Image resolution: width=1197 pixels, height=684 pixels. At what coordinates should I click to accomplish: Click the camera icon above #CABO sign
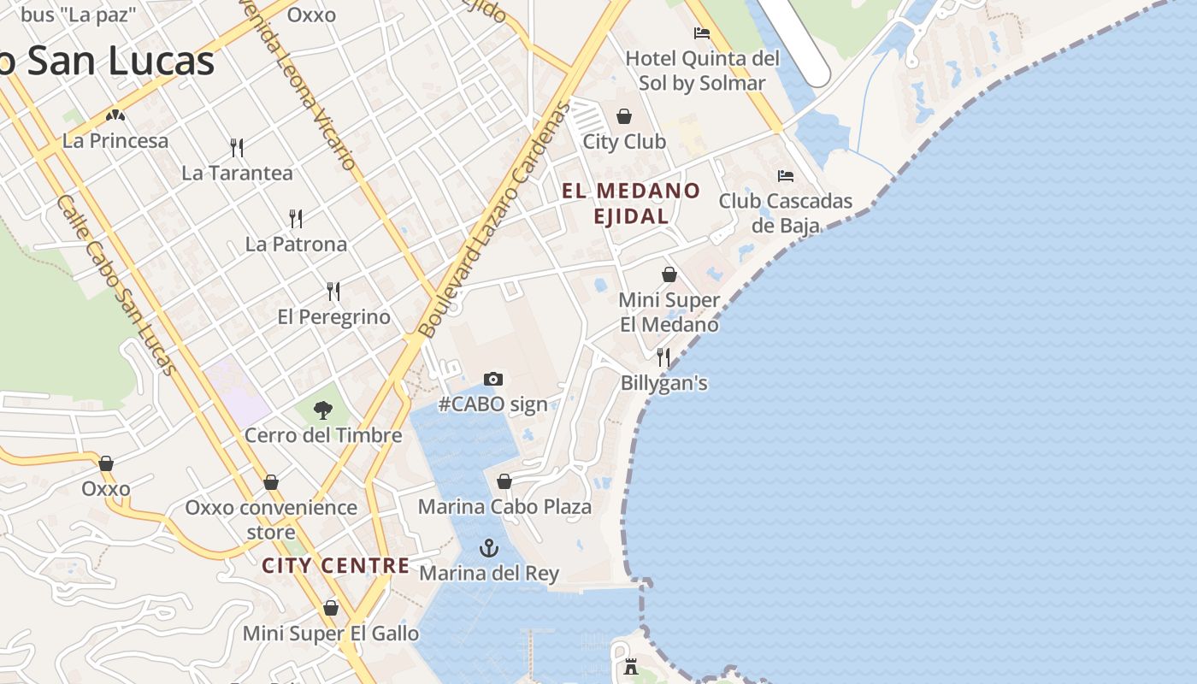pyautogui.click(x=493, y=379)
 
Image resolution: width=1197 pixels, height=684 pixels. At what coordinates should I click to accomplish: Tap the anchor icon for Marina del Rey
pyautogui.click(x=489, y=548)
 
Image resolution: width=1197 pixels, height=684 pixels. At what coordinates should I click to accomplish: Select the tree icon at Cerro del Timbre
pyautogui.click(x=322, y=410)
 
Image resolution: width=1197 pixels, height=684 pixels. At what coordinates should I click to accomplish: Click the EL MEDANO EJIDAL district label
pyautogui.click(x=631, y=203)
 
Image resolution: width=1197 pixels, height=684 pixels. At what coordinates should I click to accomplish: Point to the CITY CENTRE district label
pyautogui.click(x=335, y=565)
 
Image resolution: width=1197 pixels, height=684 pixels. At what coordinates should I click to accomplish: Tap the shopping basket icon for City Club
pyautogui.click(x=624, y=116)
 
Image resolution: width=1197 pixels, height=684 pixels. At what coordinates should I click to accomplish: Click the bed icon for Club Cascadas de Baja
pyautogui.click(x=785, y=176)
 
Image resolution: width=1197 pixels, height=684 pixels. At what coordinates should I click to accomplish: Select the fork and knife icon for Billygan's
pyautogui.click(x=663, y=357)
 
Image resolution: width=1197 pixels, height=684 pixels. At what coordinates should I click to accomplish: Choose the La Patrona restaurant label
pyautogui.click(x=296, y=244)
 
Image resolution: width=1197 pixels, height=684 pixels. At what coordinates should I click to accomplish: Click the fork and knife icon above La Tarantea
pyautogui.click(x=237, y=148)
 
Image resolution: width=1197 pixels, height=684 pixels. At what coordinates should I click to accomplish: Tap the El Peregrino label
pyautogui.click(x=333, y=317)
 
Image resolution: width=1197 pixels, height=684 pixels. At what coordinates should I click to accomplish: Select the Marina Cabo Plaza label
pyautogui.click(x=504, y=506)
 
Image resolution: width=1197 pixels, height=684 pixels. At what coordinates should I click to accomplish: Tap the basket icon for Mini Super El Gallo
pyautogui.click(x=331, y=608)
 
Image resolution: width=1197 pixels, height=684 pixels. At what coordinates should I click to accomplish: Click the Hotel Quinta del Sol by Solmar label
pyautogui.click(x=703, y=70)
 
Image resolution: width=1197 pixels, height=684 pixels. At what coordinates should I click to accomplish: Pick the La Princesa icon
pyautogui.click(x=115, y=115)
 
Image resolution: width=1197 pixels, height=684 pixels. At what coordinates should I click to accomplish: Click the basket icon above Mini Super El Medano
pyautogui.click(x=669, y=274)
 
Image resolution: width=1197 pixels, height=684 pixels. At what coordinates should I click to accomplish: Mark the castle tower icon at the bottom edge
pyautogui.click(x=631, y=667)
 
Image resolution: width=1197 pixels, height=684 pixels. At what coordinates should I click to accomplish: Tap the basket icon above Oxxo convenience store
pyautogui.click(x=271, y=482)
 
